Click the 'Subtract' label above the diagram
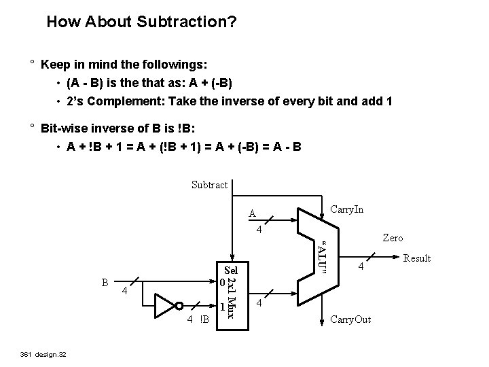pyautogui.click(x=210, y=185)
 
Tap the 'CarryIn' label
pyautogui.click(x=346, y=209)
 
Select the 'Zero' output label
pyautogui.click(x=393, y=238)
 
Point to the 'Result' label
pyautogui.click(x=417, y=258)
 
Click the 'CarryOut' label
pyautogui.click(x=350, y=319)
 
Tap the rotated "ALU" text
pyautogui.click(x=324, y=259)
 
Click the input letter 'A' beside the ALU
pyautogui.click(x=252, y=213)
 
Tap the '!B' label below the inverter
pyautogui.click(x=204, y=319)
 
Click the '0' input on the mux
pyautogui.click(x=220, y=281)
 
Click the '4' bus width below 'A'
pyautogui.click(x=258, y=230)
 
